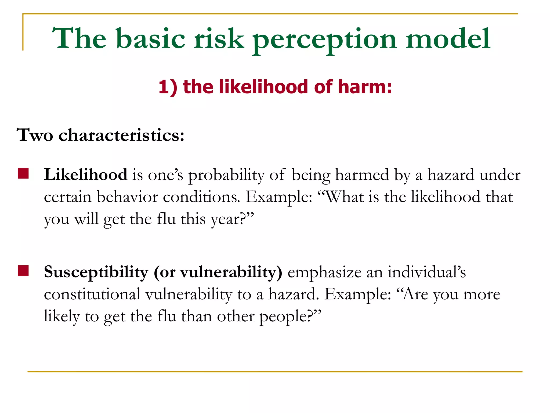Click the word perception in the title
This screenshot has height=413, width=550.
click(324, 40)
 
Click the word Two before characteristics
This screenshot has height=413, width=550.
click(35, 135)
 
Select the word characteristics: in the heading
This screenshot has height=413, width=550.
click(121, 135)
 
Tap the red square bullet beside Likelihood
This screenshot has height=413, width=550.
click(23, 173)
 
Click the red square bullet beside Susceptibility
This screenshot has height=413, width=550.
click(23, 271)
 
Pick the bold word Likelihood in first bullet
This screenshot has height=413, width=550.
click(86, 175)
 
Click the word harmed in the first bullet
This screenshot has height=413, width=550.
click(362, 175)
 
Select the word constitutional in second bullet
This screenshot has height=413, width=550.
click(92, 294)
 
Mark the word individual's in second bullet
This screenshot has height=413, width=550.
click(427, 272)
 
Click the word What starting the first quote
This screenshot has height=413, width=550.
click(345, 197)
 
